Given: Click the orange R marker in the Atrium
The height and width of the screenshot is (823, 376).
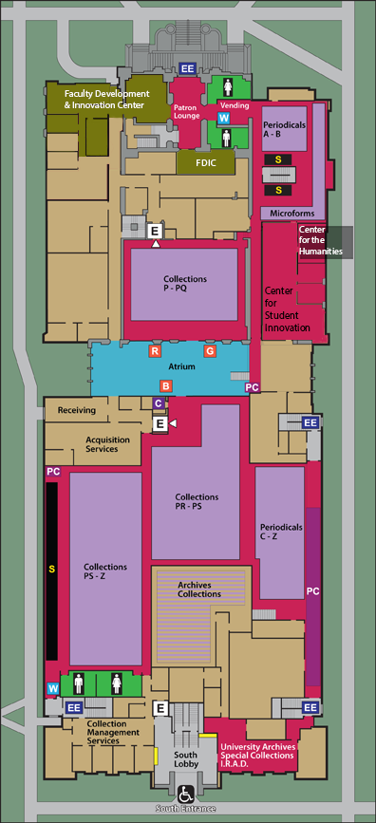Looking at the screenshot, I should tap(154, 351).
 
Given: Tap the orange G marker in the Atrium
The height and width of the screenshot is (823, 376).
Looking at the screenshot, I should tap(211, 351).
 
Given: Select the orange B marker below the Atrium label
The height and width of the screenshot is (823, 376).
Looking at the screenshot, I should tap(165, 385).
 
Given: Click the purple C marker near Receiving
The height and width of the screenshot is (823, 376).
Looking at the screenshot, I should tap(159, 403).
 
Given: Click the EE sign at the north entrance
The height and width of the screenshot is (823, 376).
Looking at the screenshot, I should tap(188, 67).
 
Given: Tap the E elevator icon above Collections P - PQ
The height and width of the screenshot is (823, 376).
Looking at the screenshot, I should tap(155, 230).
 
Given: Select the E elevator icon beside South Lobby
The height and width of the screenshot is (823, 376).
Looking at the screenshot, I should tap(161, 707).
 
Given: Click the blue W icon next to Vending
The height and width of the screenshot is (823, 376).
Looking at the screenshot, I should tap(224, 119).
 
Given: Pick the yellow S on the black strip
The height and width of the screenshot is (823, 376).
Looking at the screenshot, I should tap(51, 570).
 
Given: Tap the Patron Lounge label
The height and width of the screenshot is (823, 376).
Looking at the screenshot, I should tap(186, 112).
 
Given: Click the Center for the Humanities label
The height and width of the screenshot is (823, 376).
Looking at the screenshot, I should tap(320, 240).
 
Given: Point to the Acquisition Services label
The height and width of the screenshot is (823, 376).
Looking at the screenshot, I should tap(108, 444).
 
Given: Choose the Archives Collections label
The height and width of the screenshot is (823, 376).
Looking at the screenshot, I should tap(200, 589).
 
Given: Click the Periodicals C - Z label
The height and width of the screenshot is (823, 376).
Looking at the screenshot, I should tap(281, 531).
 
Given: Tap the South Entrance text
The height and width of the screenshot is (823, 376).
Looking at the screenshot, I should tap(187, 809).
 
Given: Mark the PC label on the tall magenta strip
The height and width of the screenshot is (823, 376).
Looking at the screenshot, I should tap(313, 590).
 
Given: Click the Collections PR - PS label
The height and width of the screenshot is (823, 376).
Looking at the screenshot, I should tap(197, 501).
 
